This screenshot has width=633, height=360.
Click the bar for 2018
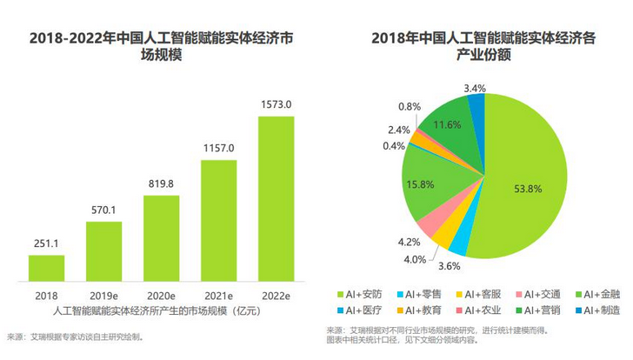(41, 268)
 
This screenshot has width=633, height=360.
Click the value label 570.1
(103, 210)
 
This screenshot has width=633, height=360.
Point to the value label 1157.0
(218, 148)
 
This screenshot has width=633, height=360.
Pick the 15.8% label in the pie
(420, 184)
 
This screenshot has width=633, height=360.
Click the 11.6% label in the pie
(447, 125)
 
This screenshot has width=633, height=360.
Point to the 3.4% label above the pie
(475, 88)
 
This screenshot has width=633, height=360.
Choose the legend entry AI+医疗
(363, 310)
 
